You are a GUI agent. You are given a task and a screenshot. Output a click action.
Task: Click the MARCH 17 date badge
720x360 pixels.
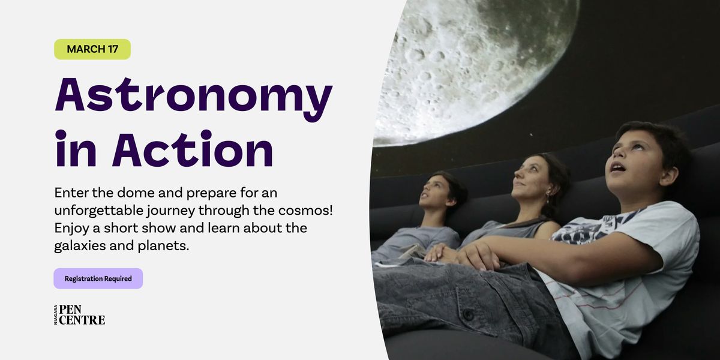[92, 49]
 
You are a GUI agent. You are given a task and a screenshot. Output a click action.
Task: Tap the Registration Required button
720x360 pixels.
[98, 278]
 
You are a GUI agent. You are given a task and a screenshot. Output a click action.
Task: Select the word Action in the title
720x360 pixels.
[193, 149]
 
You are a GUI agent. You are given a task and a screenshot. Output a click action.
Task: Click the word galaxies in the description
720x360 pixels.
[79, 246]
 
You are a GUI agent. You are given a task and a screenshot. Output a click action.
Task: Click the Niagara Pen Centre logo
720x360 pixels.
[79, 314]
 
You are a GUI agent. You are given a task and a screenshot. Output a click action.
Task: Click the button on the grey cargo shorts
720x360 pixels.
[468, 314]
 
